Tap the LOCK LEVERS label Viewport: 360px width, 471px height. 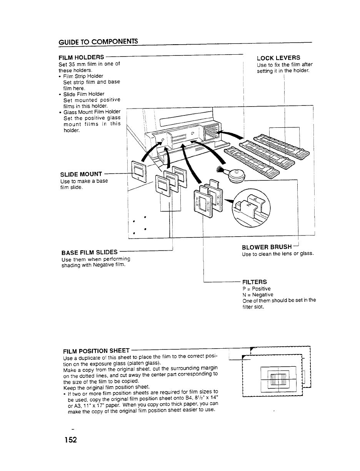[x=278, y=58]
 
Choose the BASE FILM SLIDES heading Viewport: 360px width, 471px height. [x=89, y=252]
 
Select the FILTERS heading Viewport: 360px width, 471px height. [x=254, y=282]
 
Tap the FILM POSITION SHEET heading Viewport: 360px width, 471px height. [x=96, y=351]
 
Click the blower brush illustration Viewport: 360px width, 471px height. [x=233, y=175]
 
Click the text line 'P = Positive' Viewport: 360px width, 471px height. [x=257, y=289]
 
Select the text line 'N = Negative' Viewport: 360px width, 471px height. [x=258, y=294]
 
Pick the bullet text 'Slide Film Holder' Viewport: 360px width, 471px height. [x=83, y=94]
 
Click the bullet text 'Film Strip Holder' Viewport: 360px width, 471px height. [x=83, y=76]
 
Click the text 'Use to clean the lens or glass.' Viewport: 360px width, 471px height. [x=278, y=254]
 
